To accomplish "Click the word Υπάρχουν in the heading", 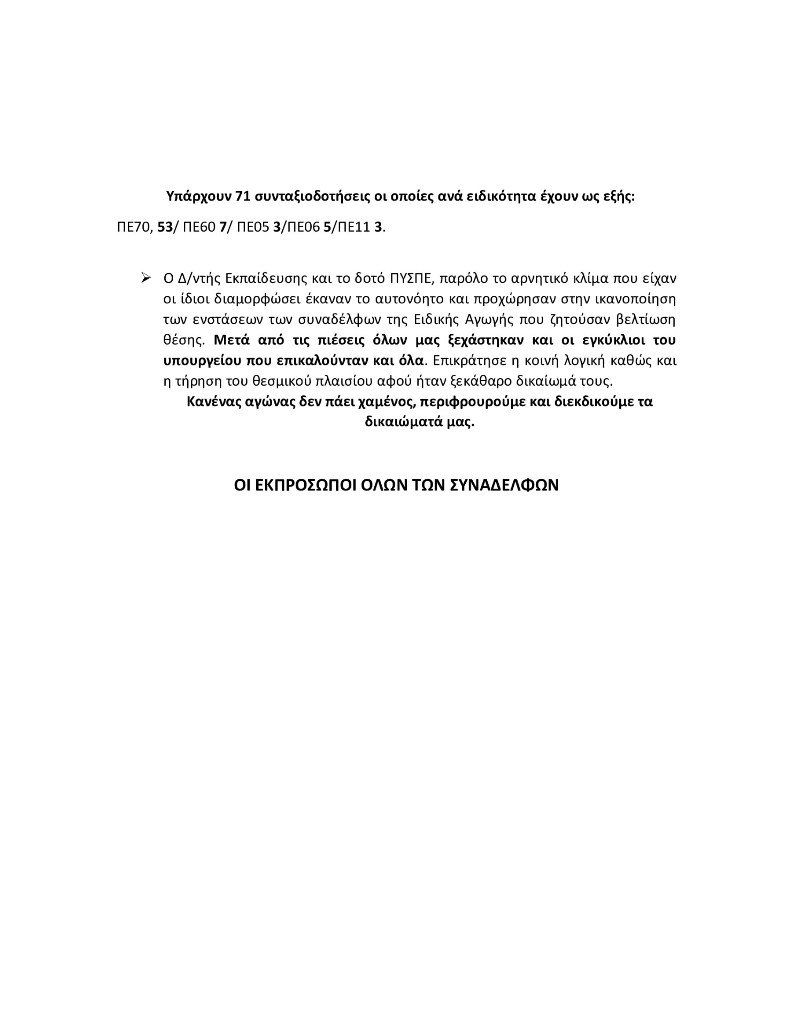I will point(199,196).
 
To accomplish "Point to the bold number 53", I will point(166,227).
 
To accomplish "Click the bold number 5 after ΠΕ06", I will point(327,227).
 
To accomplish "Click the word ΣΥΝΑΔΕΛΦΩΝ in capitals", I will point(501,485).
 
